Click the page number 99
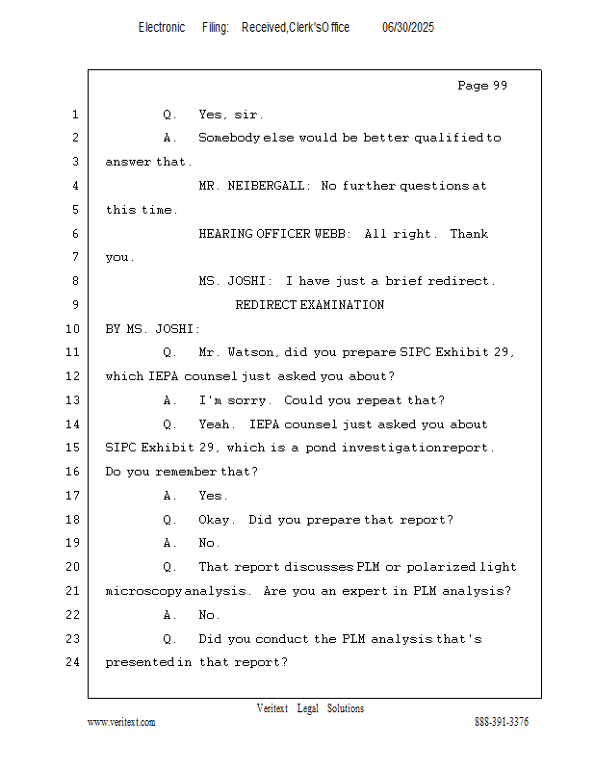coord(500,86)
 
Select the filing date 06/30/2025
coord(408,28)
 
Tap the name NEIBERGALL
coord(266,186)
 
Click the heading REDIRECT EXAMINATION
coord(310,305)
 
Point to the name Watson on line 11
coord(250,352)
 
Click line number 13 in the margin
coord(72,400)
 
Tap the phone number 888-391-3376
coord(502,722)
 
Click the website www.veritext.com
coord(121,722)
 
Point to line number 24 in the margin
coord(72,662)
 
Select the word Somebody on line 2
coord(229,138)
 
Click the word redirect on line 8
coord(458,281)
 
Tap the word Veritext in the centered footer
coord(272,708)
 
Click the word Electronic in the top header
coord(162,28)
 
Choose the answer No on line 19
coord(206,543)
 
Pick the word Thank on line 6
coord(469,234)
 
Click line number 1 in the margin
coord(75,115)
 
